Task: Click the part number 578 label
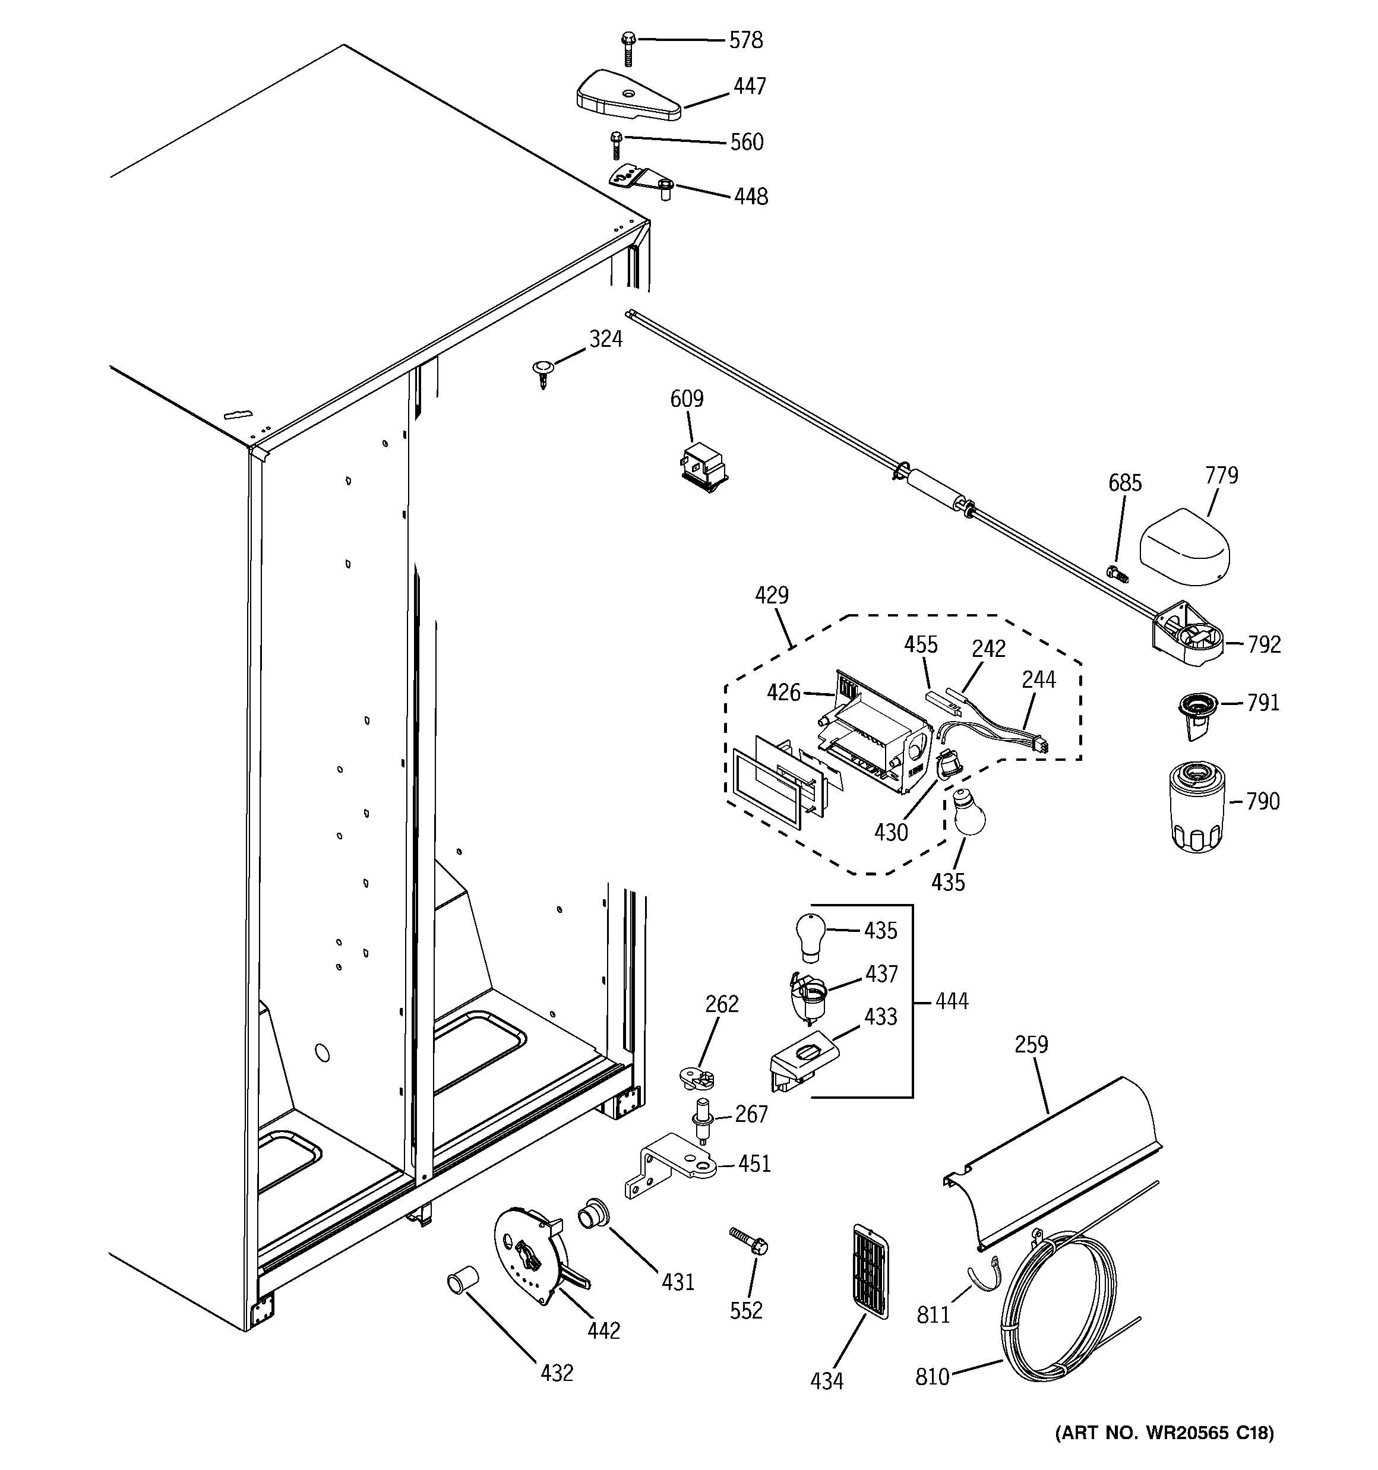(745, 40)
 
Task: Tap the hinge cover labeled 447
(627, 96)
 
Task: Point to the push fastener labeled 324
(543, 371)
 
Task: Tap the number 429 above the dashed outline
(771, 595)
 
